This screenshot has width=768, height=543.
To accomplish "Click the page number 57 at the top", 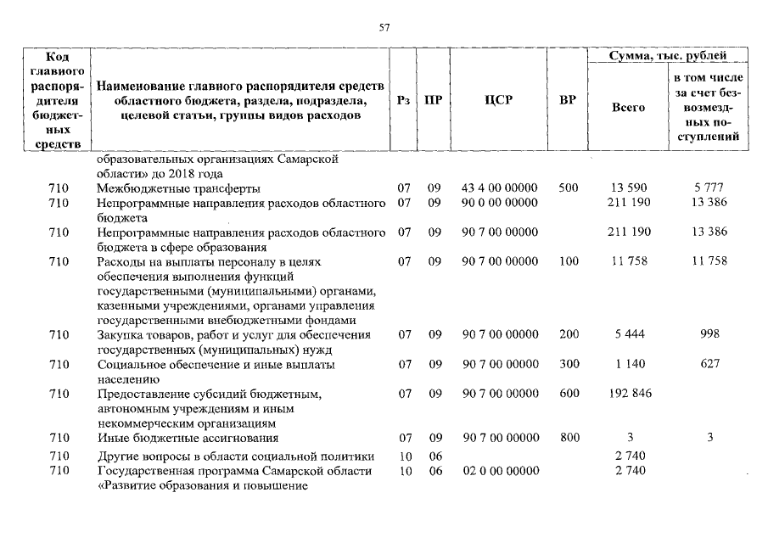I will point(384,27).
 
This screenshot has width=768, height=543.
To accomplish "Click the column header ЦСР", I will point(499,100).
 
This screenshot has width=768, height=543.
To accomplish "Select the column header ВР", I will point(568,100).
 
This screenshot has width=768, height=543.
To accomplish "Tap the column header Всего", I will point(628,108).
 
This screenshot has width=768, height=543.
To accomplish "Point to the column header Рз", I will point(404,100).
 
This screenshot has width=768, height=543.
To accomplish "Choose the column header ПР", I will point(433,100).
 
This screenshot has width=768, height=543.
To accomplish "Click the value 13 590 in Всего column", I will point(628,188).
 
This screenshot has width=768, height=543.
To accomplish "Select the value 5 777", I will point(710,188).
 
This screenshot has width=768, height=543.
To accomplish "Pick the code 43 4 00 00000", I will point(500,188).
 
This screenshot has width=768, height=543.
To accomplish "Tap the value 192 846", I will point(629,394).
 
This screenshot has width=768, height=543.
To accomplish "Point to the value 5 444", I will point(628,334).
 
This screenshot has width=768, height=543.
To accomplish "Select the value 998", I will point(710,334).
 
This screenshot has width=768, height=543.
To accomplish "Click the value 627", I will point(710,364).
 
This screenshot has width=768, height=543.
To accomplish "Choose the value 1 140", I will point(628,364).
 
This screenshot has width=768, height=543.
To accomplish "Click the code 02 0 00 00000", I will point(500,471).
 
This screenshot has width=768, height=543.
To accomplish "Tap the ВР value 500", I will point(569,188).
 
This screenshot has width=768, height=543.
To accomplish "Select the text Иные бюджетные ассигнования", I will point(188,438).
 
